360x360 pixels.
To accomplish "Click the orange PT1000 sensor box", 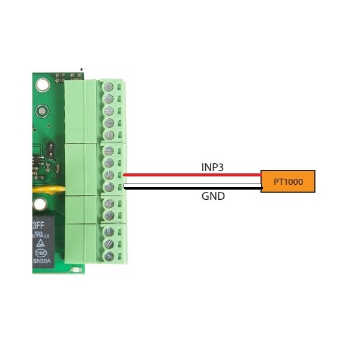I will [x=287, y=181].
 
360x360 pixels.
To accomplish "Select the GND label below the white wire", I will [x=213, y=196].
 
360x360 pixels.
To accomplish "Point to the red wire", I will [x=192, y=175].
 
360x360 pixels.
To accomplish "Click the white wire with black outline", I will [x=192, y=188].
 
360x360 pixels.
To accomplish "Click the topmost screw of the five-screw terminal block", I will [x=110, y=85].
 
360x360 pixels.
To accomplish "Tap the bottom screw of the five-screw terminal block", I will [x=110, y=135].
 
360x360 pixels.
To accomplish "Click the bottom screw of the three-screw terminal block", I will [x=110, y=256].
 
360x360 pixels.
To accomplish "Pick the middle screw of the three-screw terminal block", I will [x=110, y=244].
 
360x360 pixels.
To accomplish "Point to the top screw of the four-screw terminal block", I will [x=110, y=150].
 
